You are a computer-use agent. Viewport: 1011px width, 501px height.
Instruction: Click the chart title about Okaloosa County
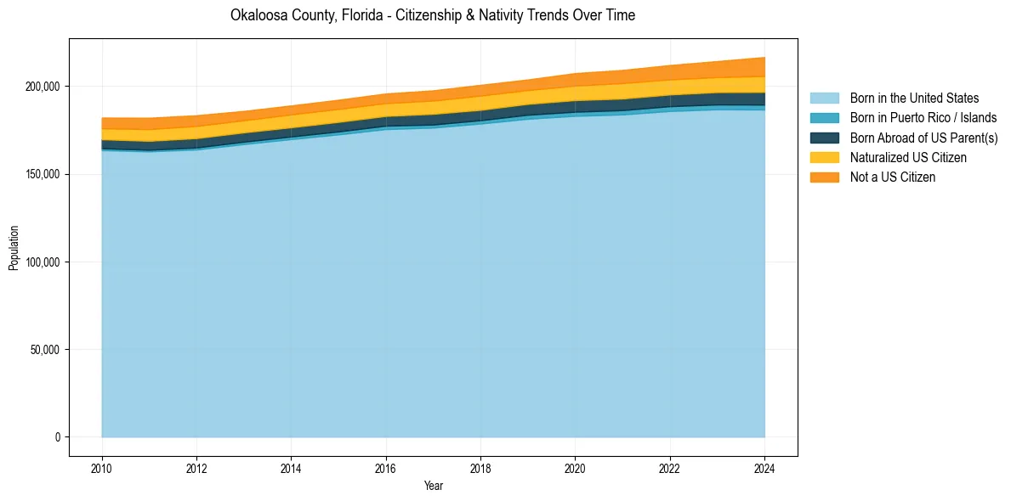point(432,15)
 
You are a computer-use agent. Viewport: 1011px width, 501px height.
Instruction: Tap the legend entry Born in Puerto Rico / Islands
point(923,118)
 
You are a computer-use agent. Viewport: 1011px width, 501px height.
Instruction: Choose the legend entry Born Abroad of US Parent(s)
point(923,138)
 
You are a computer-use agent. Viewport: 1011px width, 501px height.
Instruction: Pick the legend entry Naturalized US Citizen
point(908,157)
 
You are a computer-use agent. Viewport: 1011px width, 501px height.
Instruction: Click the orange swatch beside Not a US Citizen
point(824,177)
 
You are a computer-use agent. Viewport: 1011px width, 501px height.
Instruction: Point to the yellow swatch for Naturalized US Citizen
point(824,157)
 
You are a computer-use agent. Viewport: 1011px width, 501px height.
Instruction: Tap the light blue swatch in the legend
point(824,99)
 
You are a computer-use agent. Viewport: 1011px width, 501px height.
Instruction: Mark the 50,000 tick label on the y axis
point(45,350)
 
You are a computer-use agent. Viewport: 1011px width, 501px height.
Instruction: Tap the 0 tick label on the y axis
point(59,437)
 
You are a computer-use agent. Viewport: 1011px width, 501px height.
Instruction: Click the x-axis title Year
point(433,486)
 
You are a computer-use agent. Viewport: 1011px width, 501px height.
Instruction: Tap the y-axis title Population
point(14,247)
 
